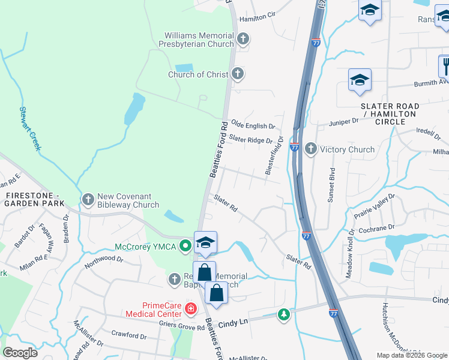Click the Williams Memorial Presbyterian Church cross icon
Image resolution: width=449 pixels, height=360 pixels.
pyautogui.click(x=243, y=40)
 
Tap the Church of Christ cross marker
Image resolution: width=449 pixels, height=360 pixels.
pyautogui.click(x=238, y=74)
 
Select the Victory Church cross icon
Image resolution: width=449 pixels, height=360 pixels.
pyautogui.click(x=311, y=149)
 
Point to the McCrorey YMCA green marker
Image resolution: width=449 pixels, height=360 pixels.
pyautogui.click(x=186, y=245)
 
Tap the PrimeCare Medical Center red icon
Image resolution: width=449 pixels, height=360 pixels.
pyautogui.click(x=190, y=309)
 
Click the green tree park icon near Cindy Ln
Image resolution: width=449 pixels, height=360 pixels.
pyautogui.click(x=283, y=314)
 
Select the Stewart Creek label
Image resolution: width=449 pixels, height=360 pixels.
pyautogui.click(x=29, y=128)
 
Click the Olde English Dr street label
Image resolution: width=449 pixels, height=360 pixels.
pyautogui.click(x=253, y=126)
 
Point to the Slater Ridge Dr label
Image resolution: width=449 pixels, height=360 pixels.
pyautogui.click(x=251, y=140)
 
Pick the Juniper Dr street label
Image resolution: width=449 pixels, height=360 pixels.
pyautogui.click(x=343, y=121)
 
